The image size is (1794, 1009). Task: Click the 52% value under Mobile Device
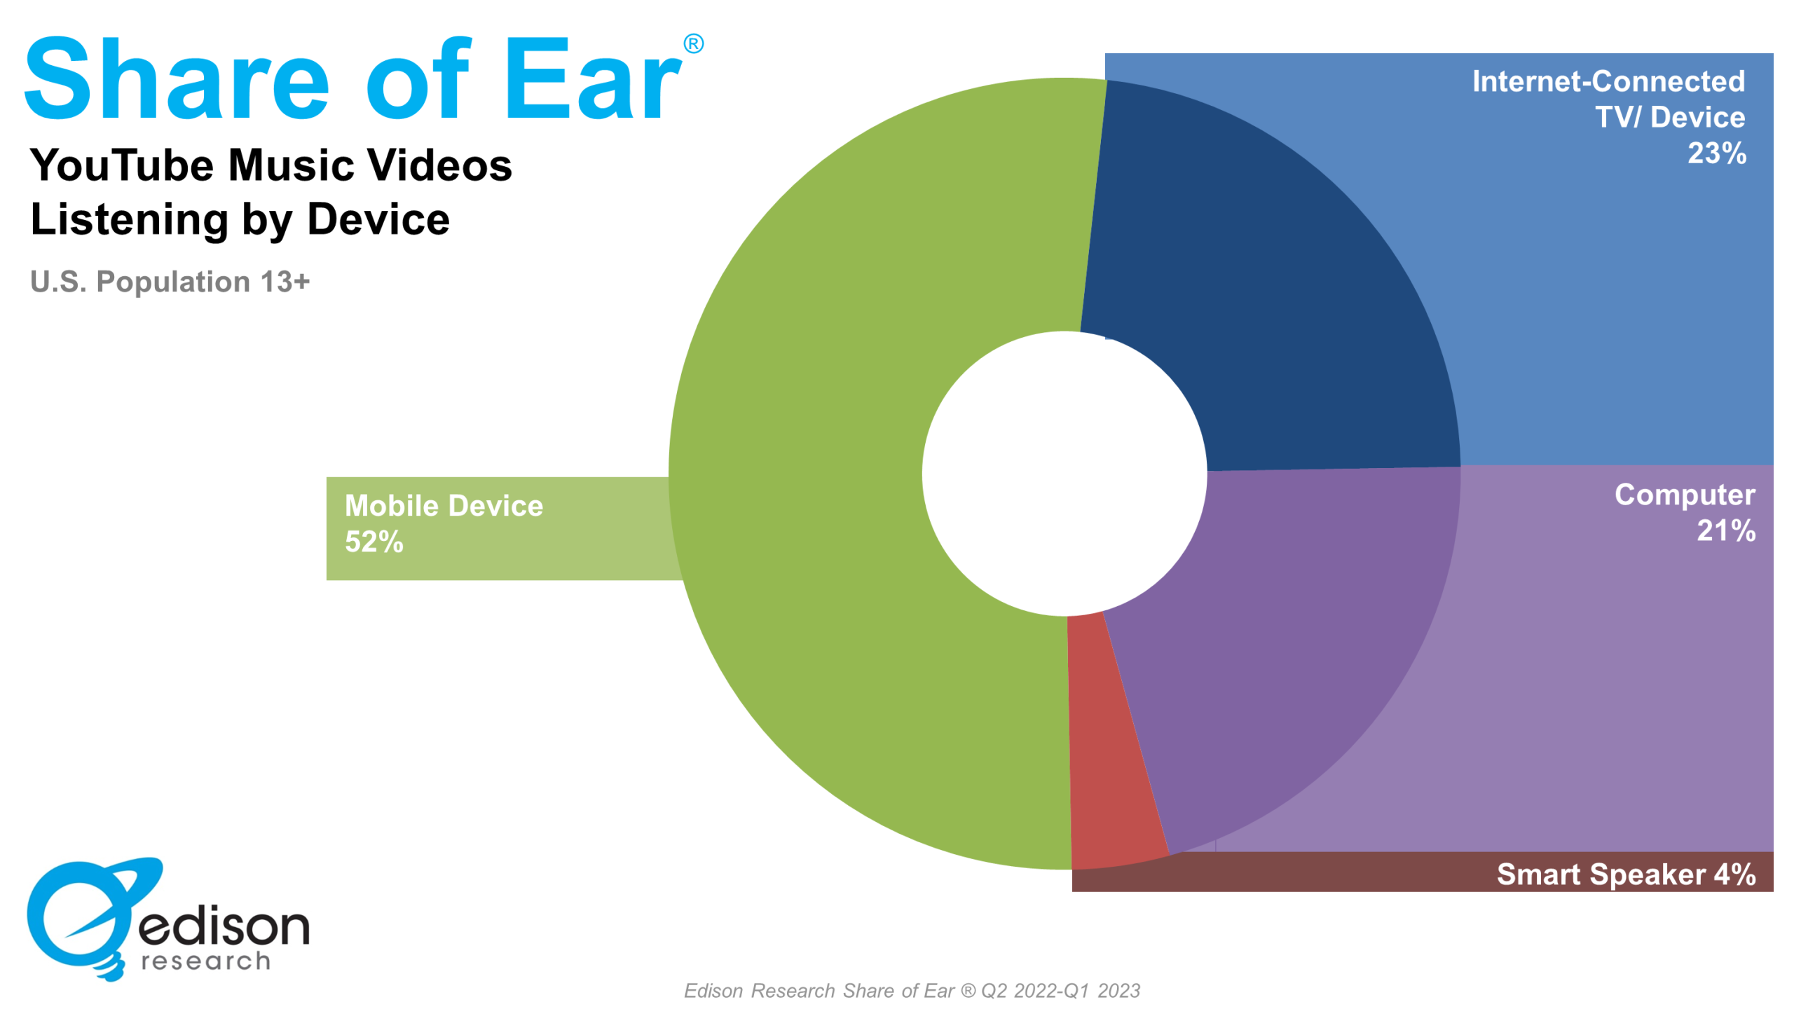pyautogui.click(x=374, y=542)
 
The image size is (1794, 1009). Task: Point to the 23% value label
pyautogui.click(x=1716, y=153)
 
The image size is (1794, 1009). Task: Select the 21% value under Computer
pyautogui.click(x=1726, y=531)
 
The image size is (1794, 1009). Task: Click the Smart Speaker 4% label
pyautogui.click(x=1626, y=874)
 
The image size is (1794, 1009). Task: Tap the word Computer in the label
pyautogui.click(x=1685, y=495)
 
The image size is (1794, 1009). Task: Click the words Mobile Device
pyautogui.click(x=444, y=506)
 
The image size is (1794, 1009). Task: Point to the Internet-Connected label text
pyautogui.click(x=1608, y=81)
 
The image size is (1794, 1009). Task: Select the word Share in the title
pyautogui.click(x=177, y=78)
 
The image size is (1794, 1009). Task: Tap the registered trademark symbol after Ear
pyautogui.click(x=693, y=44)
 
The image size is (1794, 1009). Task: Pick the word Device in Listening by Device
pyautogui.click(x=378, y=219)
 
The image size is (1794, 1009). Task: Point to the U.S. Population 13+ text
pyautogui.click(x=170, y=282)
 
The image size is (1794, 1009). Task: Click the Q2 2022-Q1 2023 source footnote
pyautogui.click(x=1060, y=991)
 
